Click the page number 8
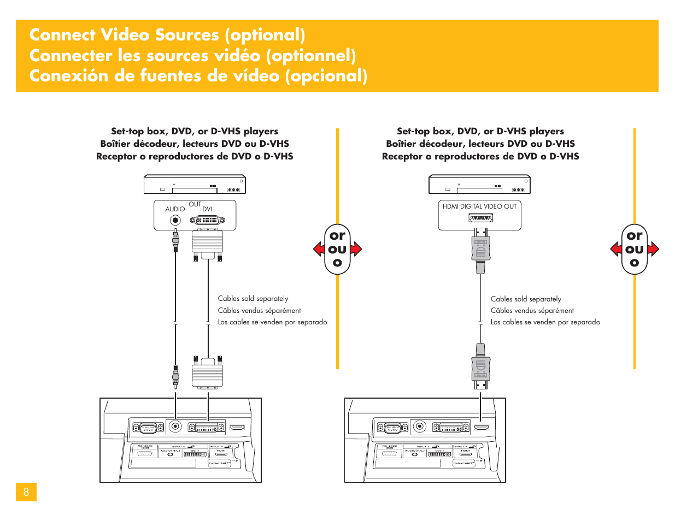click(26, 492)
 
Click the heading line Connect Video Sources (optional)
click(167, 35)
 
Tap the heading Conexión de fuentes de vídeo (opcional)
click(198, 76)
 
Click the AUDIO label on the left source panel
click(175, 209)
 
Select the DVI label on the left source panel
click(207, 209)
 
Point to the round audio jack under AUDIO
click(175, 221)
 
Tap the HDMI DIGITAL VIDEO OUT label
click(479, 206)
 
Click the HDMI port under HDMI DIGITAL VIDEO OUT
click(480, 218)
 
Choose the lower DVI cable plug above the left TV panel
click(207, 372)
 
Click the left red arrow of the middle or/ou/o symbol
click(319, 249)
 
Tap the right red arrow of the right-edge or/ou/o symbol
click(653, 249)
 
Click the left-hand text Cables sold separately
click(253, 299)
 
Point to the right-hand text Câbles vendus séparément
click(532, 310)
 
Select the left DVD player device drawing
click(195, 184)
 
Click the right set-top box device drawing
click(479, 184)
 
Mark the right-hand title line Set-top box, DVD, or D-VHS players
click(480, 131)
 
